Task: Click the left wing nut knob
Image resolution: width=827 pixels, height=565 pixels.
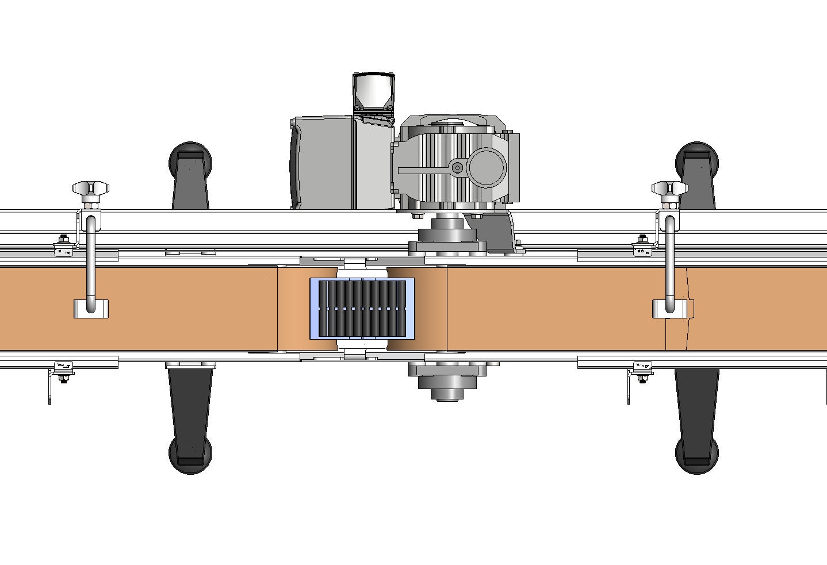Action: pyautogui.click(x=91, y=188)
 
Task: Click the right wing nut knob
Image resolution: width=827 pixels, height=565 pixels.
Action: pyautogui.click(x=669, y=188)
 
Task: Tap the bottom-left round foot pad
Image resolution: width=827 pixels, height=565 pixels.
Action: pyautogui.click(x=190, y=456)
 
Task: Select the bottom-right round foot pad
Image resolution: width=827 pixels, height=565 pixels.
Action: pyautogui.click(x=697, y=456)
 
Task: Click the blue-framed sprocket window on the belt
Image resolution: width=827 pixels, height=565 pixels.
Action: pyautogui.click(x=362, y=309)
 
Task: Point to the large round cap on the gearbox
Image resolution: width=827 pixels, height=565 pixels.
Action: pyautogui.click(x=487, y=167)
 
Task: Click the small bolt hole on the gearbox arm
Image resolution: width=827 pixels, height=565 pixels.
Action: pyautogui.click(x=457, y=168)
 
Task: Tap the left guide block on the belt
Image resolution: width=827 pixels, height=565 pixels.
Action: pyautogui.click(x=91, y=309)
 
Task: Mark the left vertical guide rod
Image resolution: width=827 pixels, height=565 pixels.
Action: pyautogui.click(x=90, y=259)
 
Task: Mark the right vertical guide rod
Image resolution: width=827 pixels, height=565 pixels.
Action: pyautogui.click(x=670, y=259)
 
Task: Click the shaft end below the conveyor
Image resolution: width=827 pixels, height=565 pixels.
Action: pyautogui.click(x=447, y=394)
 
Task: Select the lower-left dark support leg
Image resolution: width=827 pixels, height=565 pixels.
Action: pyautogui.click(x=190, y=402)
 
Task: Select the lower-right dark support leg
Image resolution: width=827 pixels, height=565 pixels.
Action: pyautogui.click(x=696, y=402)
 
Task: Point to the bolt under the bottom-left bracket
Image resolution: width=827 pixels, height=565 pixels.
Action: pyautogui.click(x=63, y=379)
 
